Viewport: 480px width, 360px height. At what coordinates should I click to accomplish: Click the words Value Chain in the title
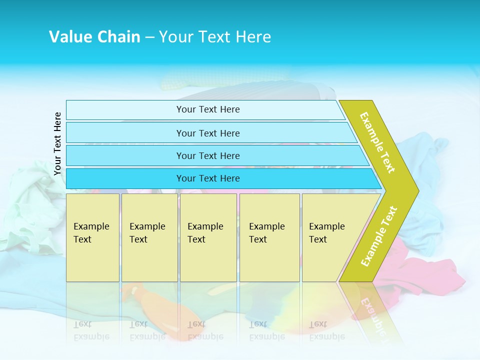(x=94, y=36)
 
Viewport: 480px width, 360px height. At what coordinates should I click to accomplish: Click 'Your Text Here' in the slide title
(x=215, y=36)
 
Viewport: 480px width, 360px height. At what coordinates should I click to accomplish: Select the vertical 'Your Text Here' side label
(x=57, y=143)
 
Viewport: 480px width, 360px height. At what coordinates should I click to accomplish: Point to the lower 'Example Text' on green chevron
(x=378, y=236)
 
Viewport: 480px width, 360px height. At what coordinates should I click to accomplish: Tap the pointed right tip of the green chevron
(x=415, y=190)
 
